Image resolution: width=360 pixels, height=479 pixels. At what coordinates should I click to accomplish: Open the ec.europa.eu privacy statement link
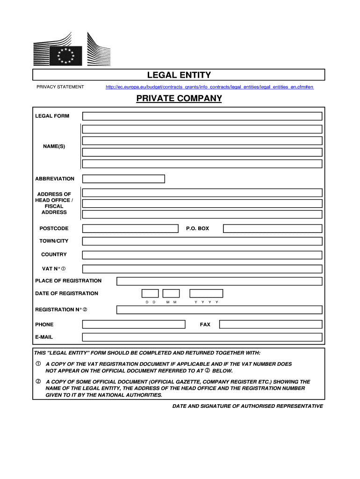(209, 87)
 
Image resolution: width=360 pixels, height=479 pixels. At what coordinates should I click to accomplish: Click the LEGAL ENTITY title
(179, 75)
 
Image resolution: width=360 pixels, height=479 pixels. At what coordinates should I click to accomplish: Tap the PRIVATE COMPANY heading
(179, 99)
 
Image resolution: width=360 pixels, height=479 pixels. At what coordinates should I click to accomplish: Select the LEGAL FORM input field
(202, 116)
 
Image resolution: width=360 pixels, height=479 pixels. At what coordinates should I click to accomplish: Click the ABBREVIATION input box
(123, 179)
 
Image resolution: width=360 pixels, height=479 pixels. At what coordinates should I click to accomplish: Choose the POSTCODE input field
(130, 228)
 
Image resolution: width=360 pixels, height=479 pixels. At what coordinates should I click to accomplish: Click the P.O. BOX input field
(273, 228)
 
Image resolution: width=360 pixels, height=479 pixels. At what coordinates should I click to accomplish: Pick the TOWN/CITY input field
(202, 241)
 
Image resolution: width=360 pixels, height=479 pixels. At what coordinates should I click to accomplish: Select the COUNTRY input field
(202, 255)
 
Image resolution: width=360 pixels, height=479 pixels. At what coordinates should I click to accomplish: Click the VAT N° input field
(202, 269)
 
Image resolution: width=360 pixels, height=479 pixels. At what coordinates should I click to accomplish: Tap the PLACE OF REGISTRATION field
(219, 281)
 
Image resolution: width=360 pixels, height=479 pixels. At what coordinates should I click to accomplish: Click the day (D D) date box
(150, 293)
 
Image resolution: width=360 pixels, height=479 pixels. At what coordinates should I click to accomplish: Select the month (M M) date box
(171, 293)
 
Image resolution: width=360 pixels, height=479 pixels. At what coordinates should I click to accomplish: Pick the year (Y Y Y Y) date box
(206, 293)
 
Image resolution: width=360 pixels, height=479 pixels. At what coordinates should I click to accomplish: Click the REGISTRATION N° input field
(219, 310)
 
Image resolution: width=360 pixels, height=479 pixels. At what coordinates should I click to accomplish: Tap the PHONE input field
(134, 324)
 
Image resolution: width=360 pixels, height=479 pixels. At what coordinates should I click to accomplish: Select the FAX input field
(271, 324)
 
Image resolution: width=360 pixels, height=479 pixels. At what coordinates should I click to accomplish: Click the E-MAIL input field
(202, 337)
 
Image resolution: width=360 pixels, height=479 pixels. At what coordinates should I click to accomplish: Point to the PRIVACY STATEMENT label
(60, 87)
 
